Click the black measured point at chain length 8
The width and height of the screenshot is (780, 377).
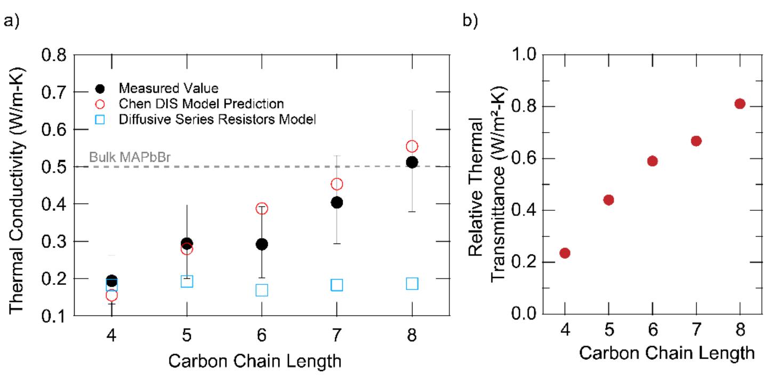tap(412, 162)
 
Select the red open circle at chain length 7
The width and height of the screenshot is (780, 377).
tap(336, 184)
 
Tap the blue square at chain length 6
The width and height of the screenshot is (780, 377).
tap(261, 290)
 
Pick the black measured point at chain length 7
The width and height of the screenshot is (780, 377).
tap(336, 202)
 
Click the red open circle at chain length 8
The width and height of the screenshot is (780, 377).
tap(412, 146)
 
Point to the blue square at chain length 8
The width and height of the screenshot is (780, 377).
tap(412, 283)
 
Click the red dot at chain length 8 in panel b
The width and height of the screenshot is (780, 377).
tap(739, 104)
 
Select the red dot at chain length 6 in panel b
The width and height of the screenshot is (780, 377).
tap(652, 161)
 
